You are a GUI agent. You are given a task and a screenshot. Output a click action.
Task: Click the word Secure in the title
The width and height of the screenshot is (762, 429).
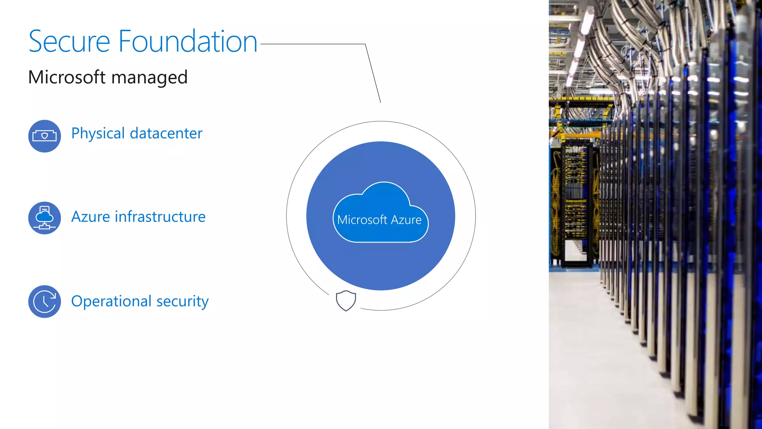click(69, 42)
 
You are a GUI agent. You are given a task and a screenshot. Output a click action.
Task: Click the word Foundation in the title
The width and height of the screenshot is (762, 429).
click(188, 42)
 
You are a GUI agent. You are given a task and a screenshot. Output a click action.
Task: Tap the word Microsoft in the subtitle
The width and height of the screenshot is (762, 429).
click(67, 77)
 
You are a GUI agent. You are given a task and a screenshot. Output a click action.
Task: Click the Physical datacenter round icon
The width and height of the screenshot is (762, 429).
click(45, 136)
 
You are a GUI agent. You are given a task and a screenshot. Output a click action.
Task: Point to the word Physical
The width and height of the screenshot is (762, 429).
click(98, 134)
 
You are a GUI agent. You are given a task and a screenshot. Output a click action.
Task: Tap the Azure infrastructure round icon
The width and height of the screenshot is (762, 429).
click(45, 218)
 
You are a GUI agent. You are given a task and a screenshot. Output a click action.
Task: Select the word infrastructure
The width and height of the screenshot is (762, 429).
click(160, 217)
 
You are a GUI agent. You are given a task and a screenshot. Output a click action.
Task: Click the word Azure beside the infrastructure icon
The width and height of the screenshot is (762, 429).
click(91, 217)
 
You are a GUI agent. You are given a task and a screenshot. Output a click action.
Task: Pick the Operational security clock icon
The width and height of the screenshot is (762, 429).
click(45, 301)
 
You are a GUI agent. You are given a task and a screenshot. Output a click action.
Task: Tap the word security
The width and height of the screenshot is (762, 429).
click(182, 302)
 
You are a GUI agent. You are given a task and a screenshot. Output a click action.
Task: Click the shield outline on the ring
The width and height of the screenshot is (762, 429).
click(346, 301)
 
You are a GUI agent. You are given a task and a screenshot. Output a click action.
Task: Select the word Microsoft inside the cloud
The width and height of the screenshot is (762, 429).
click(362, 220)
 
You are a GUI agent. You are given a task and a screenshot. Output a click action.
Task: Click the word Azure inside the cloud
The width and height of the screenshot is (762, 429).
click(406, 220)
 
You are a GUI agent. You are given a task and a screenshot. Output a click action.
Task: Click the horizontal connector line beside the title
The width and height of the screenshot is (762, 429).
click(313, 44)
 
